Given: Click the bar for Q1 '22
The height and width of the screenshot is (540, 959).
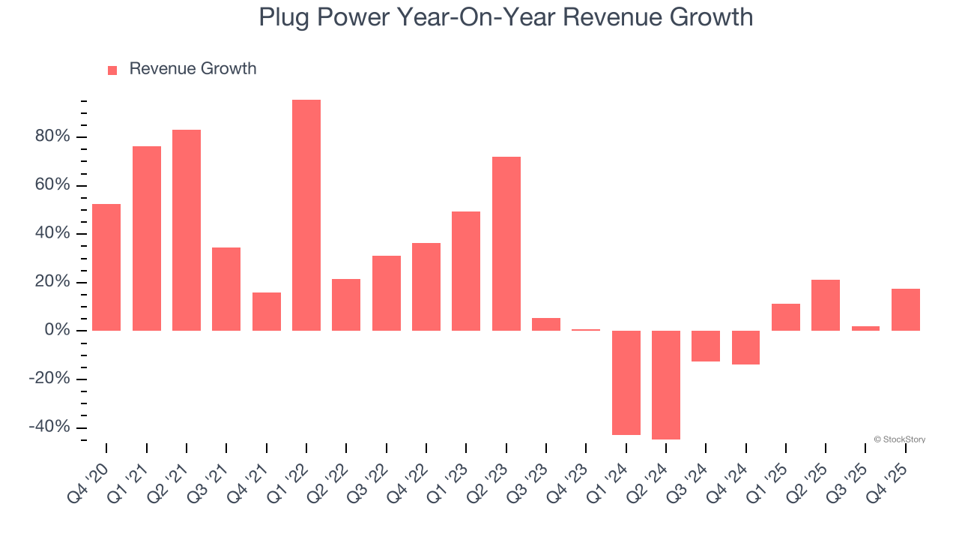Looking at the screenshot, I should [x=306, y=215].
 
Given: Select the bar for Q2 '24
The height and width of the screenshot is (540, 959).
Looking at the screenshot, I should [x=666, y=385].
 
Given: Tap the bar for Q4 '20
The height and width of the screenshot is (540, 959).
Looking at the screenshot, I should [x=106, y=267].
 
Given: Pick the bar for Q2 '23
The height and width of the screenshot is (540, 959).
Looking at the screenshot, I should [x=506, y=244].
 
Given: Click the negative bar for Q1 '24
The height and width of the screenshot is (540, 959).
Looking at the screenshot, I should [x=626, y=382].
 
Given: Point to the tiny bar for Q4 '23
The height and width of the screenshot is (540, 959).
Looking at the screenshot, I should [x=586, y=329].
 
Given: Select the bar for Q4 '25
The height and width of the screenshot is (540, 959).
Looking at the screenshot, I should [x=905, y=310].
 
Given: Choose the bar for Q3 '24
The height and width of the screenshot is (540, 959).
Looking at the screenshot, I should [x=706, y=346].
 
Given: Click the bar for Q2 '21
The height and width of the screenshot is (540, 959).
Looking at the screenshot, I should [x=187, y=230].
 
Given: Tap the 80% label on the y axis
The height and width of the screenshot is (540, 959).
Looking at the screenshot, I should [x=51, y=136].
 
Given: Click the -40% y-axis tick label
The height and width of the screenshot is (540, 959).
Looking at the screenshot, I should [x=49, y=427].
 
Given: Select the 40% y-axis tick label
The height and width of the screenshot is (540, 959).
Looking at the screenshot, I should [x=51, y=233].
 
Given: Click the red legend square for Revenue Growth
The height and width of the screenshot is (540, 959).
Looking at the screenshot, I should [x=112, y=70].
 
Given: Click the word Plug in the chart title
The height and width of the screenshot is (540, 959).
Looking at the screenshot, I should [x=284, y=16].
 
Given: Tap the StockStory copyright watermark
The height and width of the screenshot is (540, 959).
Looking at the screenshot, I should [x=899, y=439].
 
